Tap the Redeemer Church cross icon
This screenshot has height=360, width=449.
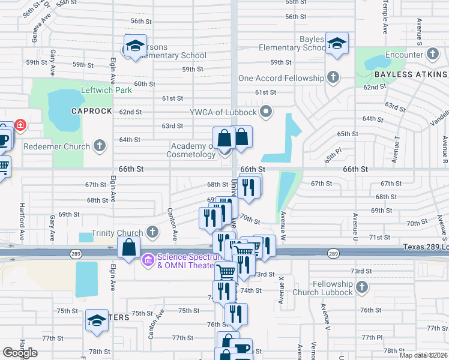click(x=100, y=146)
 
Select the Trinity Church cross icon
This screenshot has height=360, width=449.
click(x=152, y=232)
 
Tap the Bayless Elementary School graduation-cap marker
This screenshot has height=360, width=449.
click(x=337, y=44)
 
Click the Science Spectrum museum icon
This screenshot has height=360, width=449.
click(x=148, y=260)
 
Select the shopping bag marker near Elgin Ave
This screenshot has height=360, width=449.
click(x=129, y=247)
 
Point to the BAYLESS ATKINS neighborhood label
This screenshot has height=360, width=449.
click(x=411, y=74)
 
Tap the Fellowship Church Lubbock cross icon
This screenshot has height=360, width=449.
click(x=361, y=288)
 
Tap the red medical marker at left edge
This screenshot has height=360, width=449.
click(x=20, y=125)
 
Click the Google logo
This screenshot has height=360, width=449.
click(x=20, y=353)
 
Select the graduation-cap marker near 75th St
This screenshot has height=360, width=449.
click(x=96, y=320)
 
